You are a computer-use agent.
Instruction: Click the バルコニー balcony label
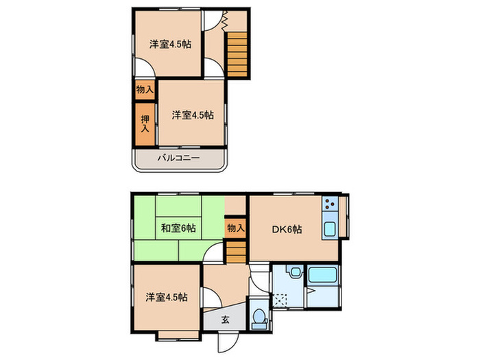pyautogui.click(x=179, y=158)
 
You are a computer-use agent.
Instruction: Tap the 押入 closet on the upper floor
pyautogui.click(x=145, y=123)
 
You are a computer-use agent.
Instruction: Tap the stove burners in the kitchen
pyautogui.click(x=328, y=204)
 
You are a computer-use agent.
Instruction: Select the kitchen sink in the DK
pyautogui.click(x=328, y=229)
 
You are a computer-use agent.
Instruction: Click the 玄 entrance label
pyautogui.click(x=226, y=319)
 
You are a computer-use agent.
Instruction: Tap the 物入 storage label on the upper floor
pyautogui.click(x=144, y=90)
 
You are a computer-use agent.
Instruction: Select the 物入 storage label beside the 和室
pyautogui.click(x=235, y=228)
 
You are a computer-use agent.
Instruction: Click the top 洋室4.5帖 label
pyautogui.click(x=170, y=45)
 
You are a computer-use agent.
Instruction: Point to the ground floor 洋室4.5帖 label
pyautogui.click(x=167, y=298)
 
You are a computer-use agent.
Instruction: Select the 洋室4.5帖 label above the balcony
pyautogui.click(x=192, y=115)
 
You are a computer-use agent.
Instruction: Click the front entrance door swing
pyautogui.click(x=227, y=341)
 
